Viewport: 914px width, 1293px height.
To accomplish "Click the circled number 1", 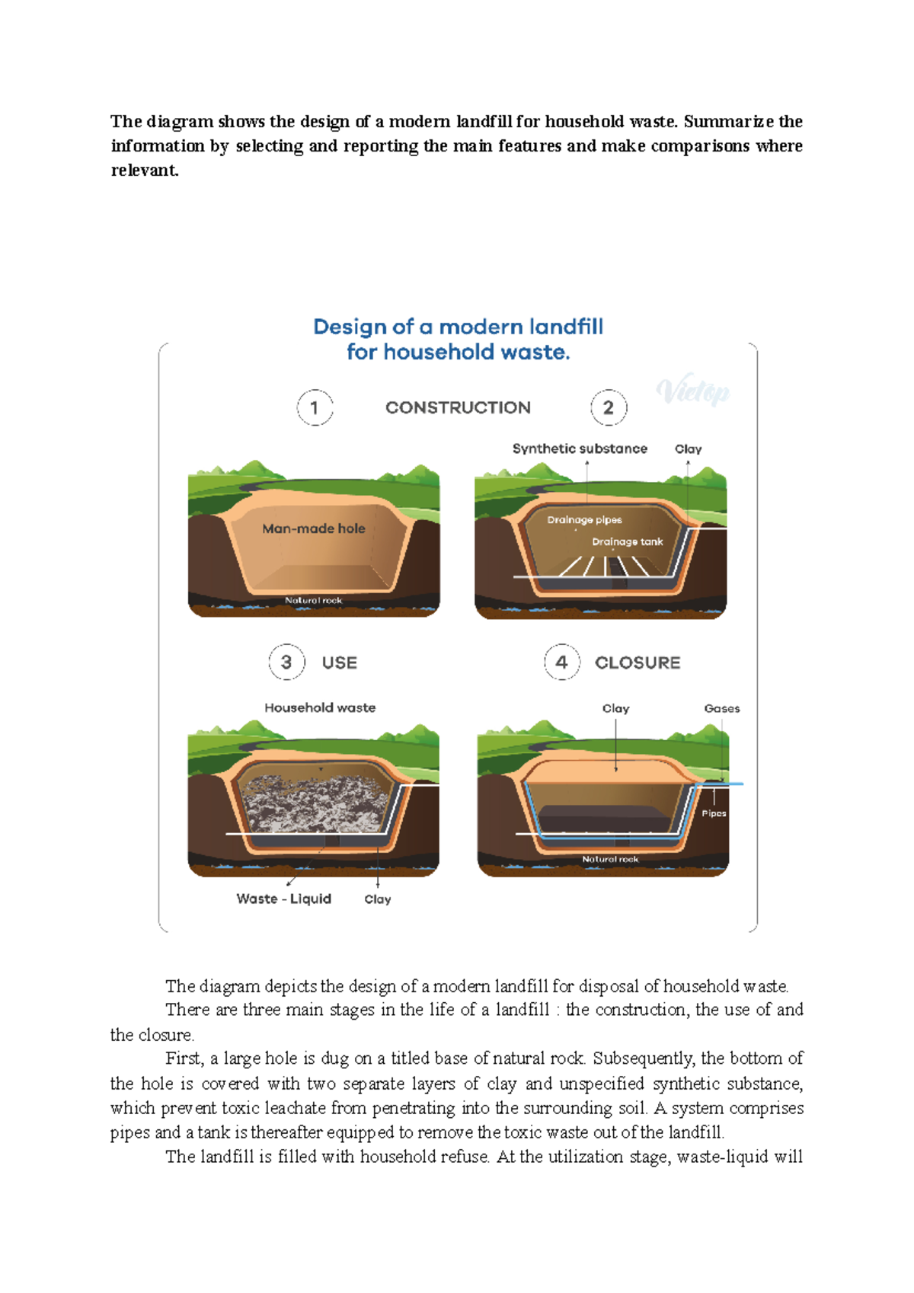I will coord(315,407).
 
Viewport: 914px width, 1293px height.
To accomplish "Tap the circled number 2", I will coord(609,407).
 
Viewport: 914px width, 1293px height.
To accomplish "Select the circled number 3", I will coord(286,662).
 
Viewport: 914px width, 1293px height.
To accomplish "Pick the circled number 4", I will coord(562,662).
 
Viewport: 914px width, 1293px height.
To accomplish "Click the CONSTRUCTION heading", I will coord(458,407).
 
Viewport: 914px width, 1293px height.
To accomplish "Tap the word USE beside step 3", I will coord(340,662).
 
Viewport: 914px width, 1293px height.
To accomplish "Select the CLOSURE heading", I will coord(638,662).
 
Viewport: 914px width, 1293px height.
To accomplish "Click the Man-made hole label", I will coord(314,528).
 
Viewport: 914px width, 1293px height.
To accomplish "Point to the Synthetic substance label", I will coord(580,449).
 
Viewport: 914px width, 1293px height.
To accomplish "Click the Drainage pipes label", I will coord(584,520).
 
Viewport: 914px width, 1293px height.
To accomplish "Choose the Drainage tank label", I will coord(628,542).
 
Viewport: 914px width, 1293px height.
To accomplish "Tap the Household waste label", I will coord(320,707).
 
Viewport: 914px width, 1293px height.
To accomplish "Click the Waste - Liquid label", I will coord(284,899).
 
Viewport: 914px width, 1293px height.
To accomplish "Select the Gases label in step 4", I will coord(722,708).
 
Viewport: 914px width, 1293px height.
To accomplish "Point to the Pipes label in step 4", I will coord(714,813).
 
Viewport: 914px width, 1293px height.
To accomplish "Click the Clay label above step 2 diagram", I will coord(689,449).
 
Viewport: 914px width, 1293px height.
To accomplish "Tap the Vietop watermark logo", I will coord(693,392).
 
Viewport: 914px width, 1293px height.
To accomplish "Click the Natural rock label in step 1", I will coord(314,600).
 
